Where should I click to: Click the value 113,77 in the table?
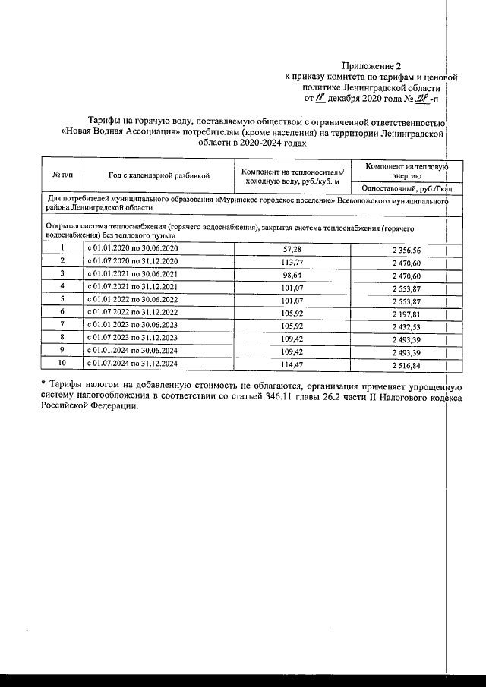point(292,261)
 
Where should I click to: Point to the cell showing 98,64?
point(292,273)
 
